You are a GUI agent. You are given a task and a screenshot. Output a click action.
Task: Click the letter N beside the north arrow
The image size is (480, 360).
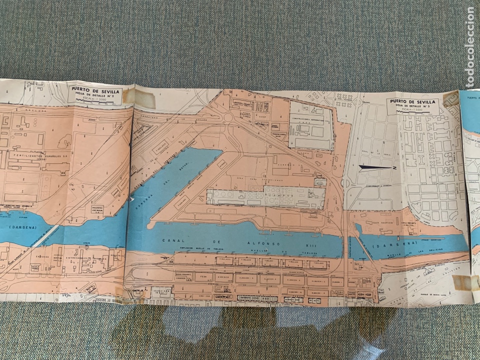pos(394,169)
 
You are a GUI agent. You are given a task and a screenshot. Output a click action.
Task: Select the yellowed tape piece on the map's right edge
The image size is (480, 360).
pos(467,283)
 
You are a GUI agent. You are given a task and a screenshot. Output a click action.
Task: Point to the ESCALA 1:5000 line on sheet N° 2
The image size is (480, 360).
pos(95,99)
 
